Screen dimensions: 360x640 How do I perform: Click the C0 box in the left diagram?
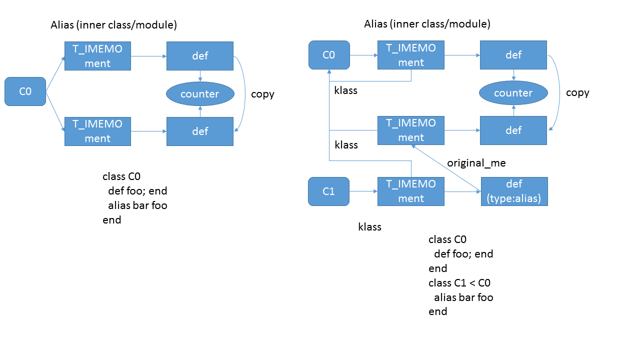[25, 91]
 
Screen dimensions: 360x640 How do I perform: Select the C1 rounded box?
[328, 191]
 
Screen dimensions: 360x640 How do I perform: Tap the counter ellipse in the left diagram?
[200, 94]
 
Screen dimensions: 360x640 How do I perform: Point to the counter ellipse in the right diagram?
[513, 93]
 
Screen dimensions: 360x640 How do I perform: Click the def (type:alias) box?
[514, 191]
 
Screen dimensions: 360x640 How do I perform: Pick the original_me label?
[476, 163]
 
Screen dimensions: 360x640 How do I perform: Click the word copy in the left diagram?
[262, 94]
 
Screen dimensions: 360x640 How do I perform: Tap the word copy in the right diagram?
[577, 93]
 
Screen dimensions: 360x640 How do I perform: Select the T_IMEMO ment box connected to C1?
[411, 191]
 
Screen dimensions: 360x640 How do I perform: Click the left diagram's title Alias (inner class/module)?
[114, 24]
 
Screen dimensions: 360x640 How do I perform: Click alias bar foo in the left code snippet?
[137, 205]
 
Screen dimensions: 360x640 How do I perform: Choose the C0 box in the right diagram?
[328, 55]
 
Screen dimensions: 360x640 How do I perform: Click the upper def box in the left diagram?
[200, 56]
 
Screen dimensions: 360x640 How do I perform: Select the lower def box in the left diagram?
[200, 131]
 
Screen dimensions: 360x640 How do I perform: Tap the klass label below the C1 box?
[370, 227]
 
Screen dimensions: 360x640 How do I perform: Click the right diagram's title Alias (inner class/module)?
[427, 24]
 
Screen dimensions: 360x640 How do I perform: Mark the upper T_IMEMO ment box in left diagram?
[97, 56]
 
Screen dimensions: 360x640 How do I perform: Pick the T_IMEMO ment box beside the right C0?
[411, 55]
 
